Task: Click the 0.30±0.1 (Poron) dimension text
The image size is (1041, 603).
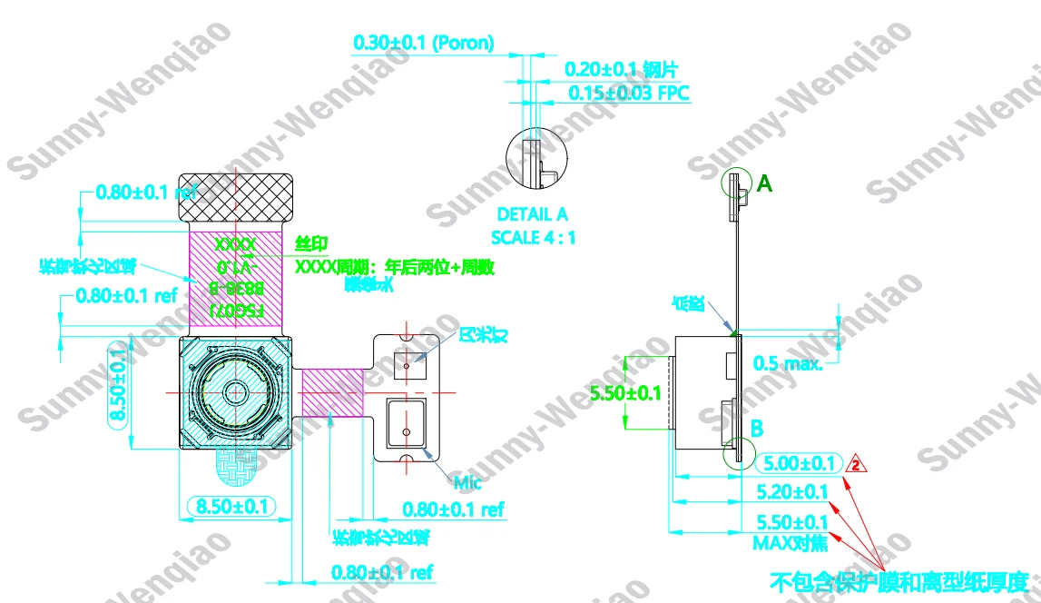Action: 423,43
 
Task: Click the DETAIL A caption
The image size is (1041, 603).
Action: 533,215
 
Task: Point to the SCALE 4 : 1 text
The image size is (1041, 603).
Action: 533,237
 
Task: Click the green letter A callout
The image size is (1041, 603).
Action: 764,184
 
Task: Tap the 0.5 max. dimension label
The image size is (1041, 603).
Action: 788,364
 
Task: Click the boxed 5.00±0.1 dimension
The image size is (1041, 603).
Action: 798,464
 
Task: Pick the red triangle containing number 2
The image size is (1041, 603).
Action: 855,465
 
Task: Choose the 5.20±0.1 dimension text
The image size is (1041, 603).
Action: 791,492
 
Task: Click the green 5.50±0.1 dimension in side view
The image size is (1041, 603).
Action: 625,393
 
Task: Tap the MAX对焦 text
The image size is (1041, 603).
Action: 790,543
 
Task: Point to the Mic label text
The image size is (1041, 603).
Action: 467,482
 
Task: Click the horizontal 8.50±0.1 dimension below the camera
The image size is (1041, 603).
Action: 231,507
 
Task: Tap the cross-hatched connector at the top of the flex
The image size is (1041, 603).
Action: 235,196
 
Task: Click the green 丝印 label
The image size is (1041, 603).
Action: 311,244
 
